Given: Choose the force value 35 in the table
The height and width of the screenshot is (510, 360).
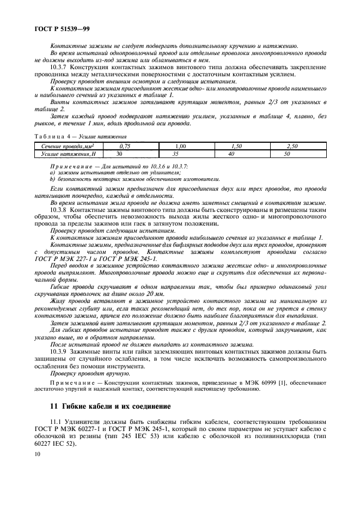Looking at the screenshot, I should (x=175, y=154).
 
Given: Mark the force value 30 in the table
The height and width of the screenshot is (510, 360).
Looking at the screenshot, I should (x=120, y=154).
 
